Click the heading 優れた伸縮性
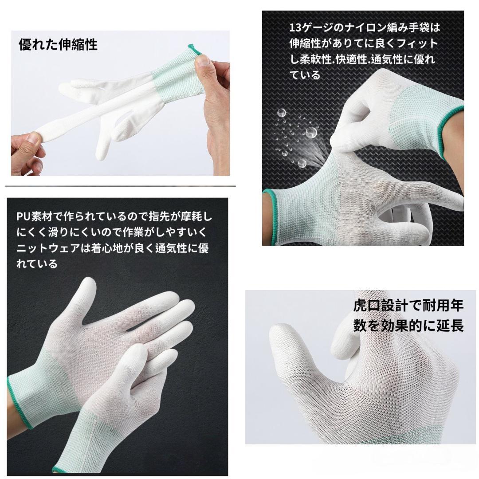click(58, 44)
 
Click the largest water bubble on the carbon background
click(311, 132)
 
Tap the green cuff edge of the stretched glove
click(192, 49)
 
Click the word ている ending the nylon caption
click(305, 75)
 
